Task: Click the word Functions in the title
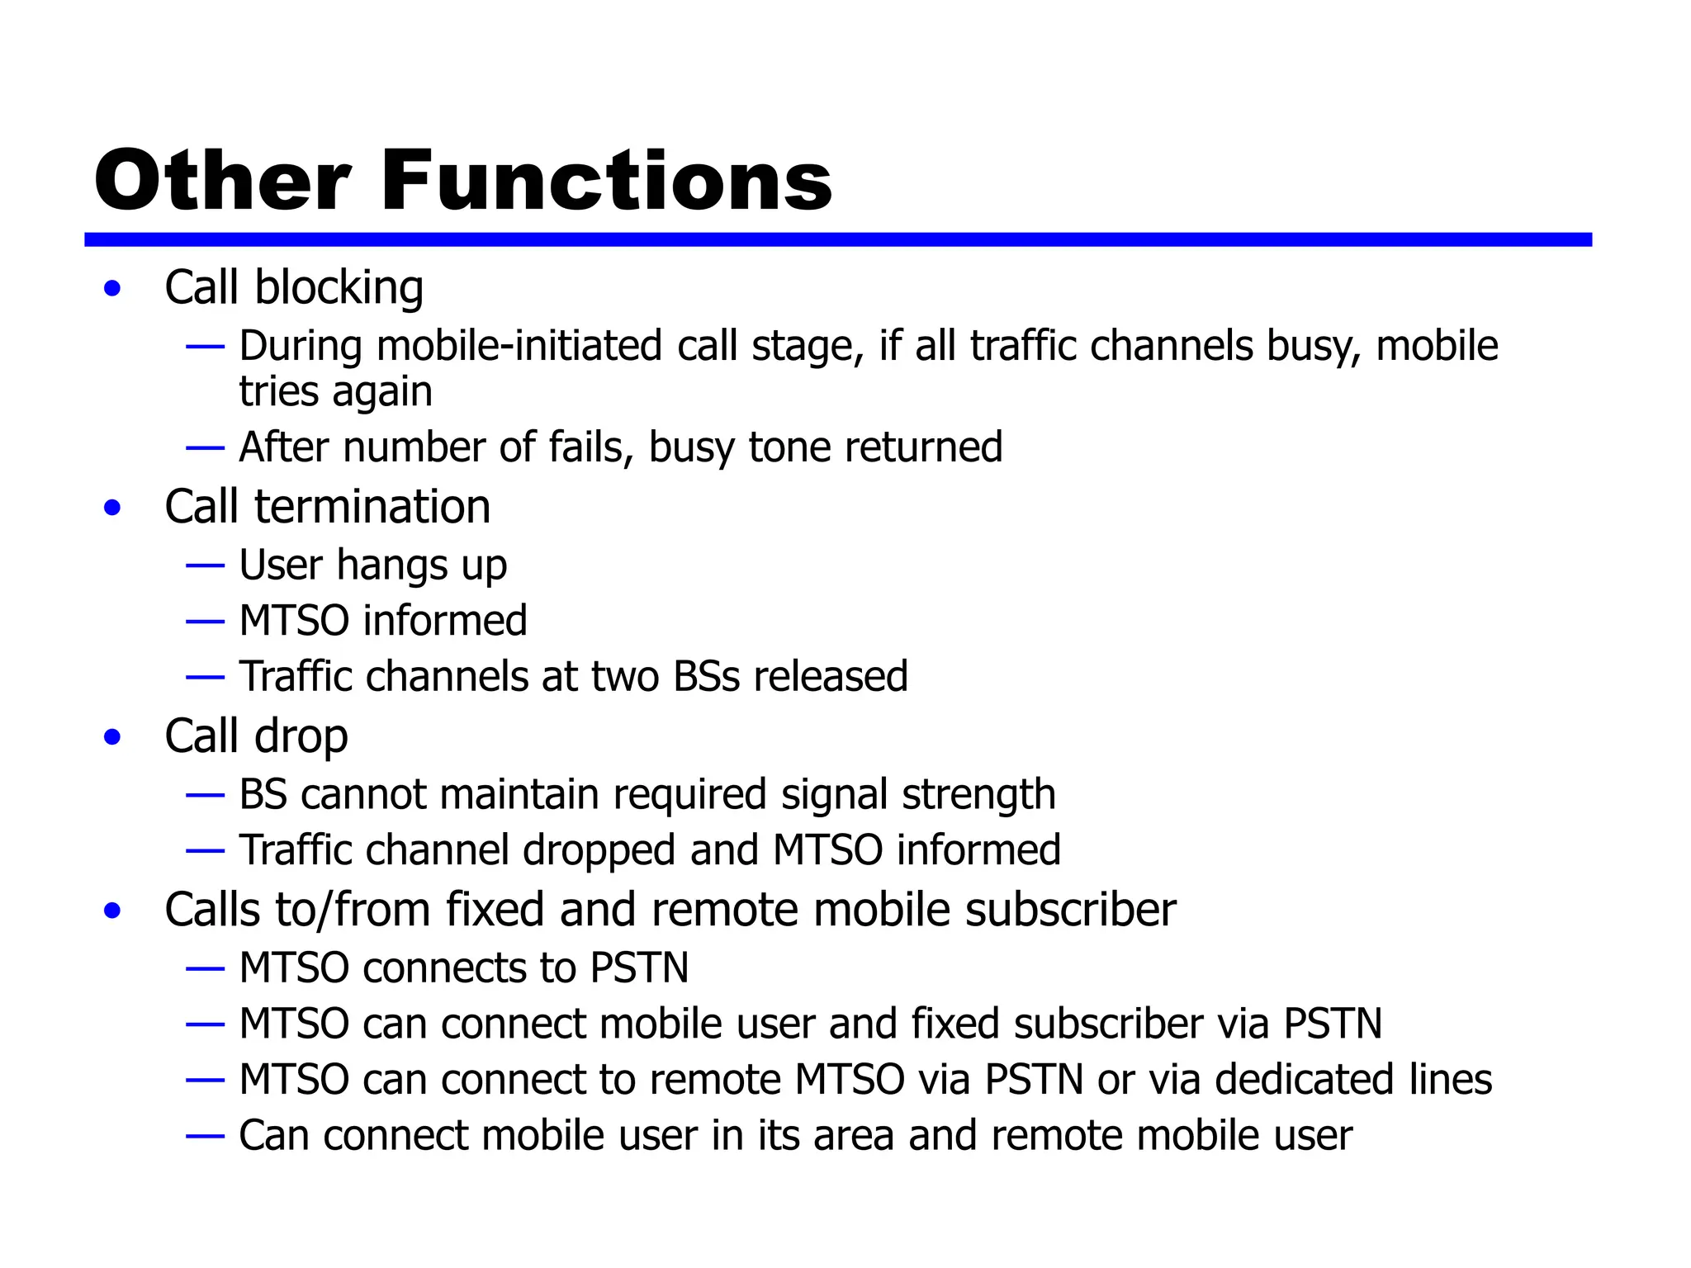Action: tap(607, 181)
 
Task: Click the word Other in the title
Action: tap(223, 181)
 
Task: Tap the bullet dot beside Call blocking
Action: tap(113, 289)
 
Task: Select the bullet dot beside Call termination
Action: tap(113, 508)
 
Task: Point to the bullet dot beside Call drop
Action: tap(113, 737)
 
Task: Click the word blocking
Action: tap(339, 288)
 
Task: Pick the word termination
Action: tap(372, 507)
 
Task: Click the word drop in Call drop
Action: tap(301, 737)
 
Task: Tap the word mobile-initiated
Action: tap(519, 346)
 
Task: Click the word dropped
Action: tap(599, 851)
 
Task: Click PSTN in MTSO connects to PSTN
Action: tap(639, 968)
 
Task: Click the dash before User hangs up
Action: tap(205, 566)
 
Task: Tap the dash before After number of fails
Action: tap(205, 448)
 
